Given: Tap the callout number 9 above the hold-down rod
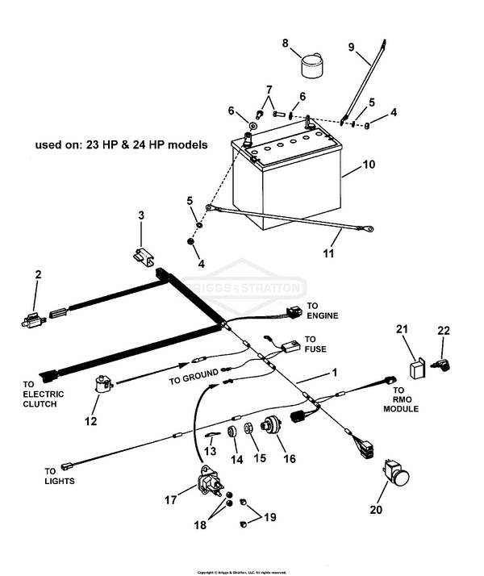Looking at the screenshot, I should [x=350, y=47].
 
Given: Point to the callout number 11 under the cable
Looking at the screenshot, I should [x=328, y=254].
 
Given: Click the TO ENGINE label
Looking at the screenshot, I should [x=322, y=311].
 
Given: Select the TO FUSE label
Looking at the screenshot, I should [x=316, y=340].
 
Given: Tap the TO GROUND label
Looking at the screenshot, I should [x=194, y=377].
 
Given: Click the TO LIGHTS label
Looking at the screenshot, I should [x=60, y=476].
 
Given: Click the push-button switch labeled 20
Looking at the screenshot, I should [x=396, y=474].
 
